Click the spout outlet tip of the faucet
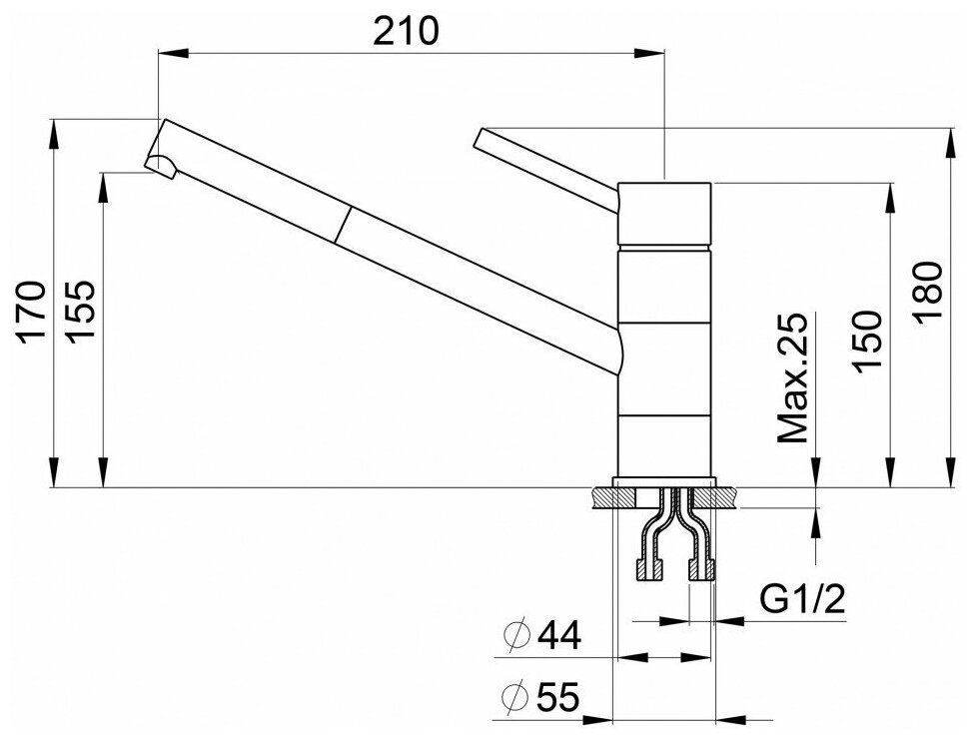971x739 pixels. coord(160,165)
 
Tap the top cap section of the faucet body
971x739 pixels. coord(664,214)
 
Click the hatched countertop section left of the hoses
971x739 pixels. coord(603,496)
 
